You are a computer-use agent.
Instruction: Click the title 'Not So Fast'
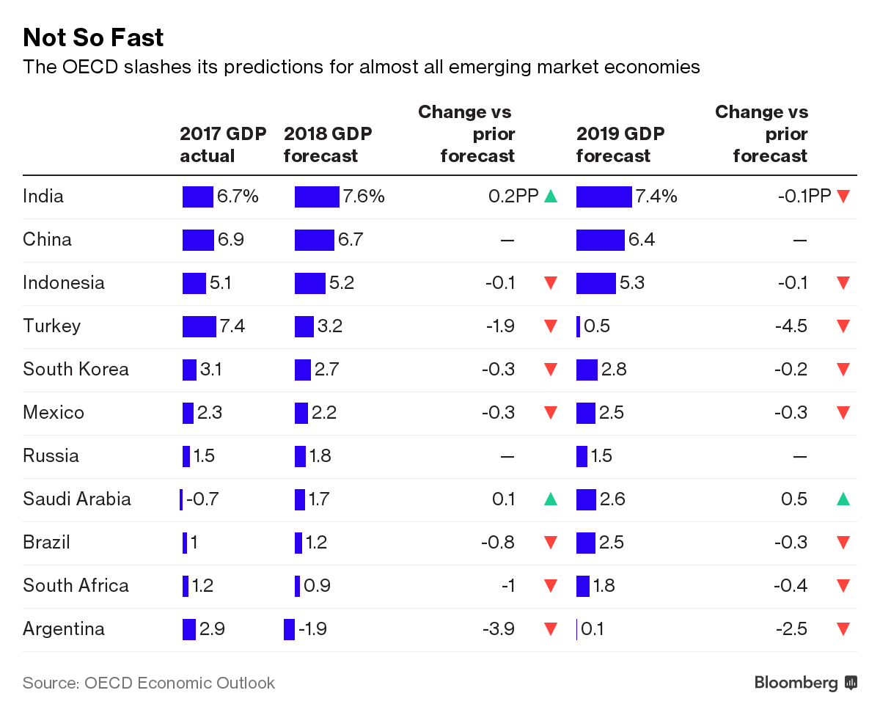click(93, 37)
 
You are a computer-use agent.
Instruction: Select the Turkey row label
click(51, 326)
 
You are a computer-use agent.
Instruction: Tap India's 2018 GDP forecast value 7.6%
click(363, 196)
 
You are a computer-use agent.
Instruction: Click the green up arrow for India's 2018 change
click(551, 196)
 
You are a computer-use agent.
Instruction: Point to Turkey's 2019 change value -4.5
click(791, 326)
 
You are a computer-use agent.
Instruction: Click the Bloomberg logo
click(805, 683)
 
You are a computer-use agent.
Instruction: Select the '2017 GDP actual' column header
click(222, 144)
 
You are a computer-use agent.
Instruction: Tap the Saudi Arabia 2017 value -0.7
click(202, 499)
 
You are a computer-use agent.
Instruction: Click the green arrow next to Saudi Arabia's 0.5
click(843, 499)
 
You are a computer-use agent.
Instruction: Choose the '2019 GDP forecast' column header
click(620, 144)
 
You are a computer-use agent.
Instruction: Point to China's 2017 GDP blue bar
click(198, 239)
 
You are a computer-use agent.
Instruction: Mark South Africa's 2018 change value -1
click(509, 585)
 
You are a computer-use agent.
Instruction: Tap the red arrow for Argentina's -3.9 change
click(551, 628)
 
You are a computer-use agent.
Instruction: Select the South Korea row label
click(76, 369)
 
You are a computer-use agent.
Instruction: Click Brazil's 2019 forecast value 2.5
click(612, 542)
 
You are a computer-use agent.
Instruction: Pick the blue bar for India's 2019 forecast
click(604, 196)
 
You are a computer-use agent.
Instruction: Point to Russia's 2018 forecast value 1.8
click(320, 455)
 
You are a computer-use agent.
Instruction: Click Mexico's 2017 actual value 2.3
click(210, 412)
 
